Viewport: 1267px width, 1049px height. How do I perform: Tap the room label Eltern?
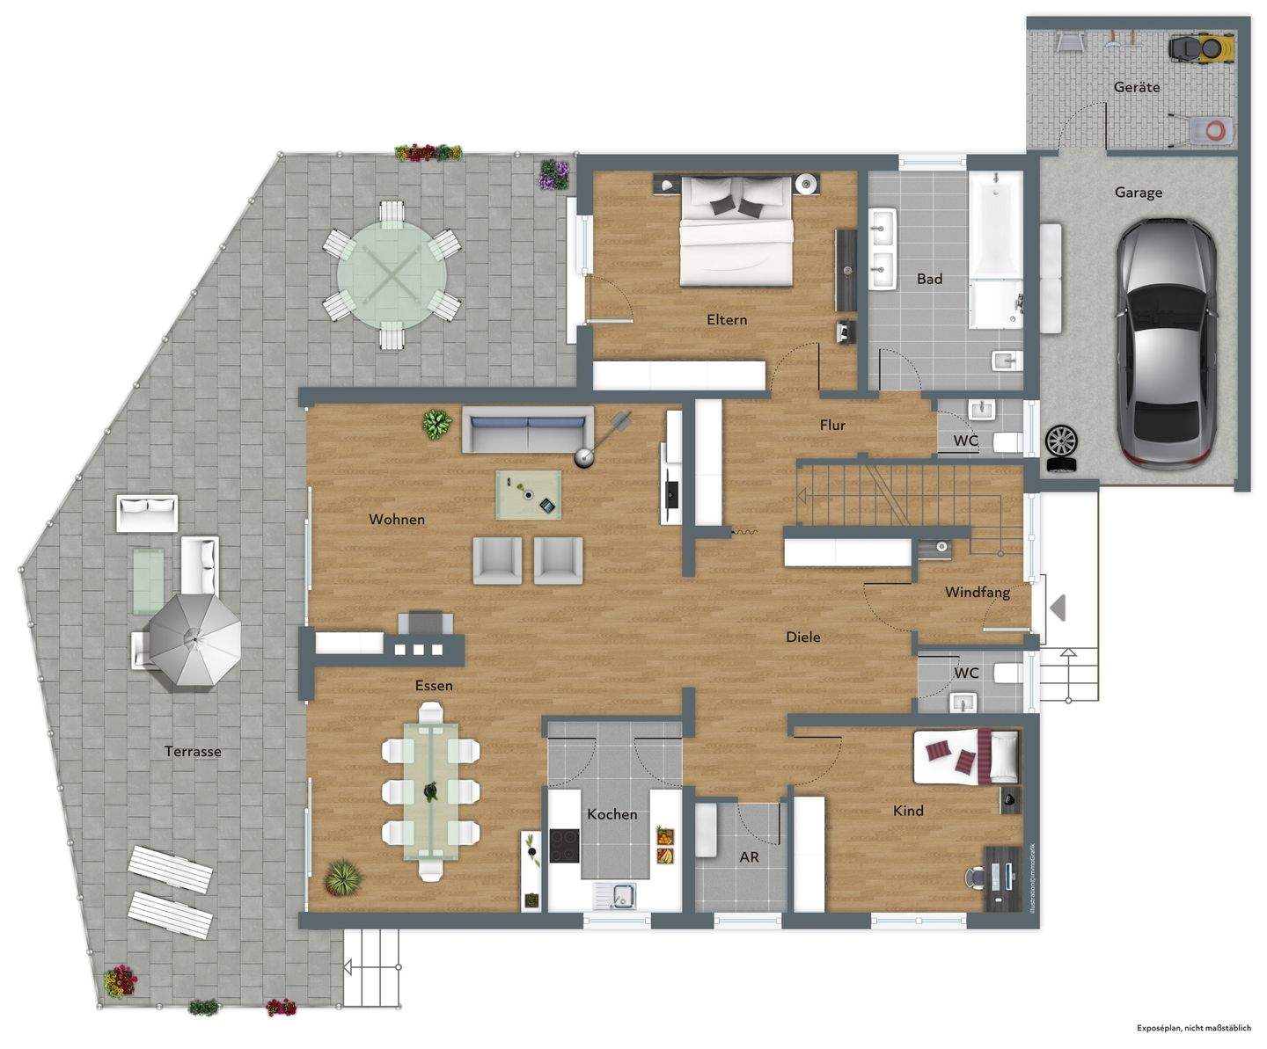pos(727,320)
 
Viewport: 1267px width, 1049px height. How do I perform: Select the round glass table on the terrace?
pos(392,274)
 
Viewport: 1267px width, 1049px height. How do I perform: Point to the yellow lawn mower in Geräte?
pos(1201,48)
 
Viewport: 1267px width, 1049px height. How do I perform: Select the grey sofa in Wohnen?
pos(526,431)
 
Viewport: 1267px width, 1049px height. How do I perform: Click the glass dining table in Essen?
pos(431,791)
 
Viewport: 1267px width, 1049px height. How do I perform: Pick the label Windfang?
pos(977,593)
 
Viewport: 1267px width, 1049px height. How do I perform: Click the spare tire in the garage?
pos(1061,440)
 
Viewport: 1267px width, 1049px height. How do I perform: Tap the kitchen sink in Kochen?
pos(624,894)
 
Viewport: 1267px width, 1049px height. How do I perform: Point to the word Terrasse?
pos(193,752)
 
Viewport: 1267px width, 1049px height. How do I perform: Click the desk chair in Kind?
pos(974,877)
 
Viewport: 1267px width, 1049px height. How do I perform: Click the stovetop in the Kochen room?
pos(563,846)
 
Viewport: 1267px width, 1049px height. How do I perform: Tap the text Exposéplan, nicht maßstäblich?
pos(1193,1027)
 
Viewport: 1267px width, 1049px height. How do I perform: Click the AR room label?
pos(749,856)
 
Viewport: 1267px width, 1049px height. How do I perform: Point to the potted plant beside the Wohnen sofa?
pos(436,425)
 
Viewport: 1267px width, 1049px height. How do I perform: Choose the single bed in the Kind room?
pos(966,756)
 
